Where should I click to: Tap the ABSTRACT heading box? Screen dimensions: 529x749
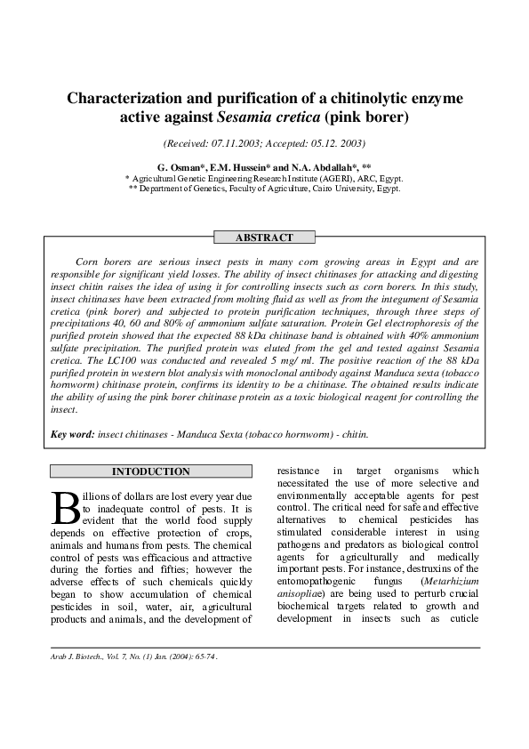click(264, 238)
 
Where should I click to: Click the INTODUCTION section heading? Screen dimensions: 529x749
click(150, 471)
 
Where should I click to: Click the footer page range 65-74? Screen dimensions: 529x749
click(204, 657)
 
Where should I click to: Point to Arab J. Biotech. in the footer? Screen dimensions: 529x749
click(76, 657)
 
